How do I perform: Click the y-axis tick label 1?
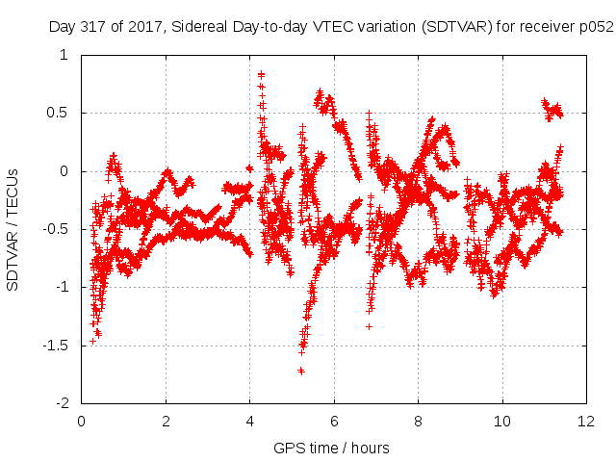tap(64, 55)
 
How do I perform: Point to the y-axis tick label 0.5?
tap(58, 113)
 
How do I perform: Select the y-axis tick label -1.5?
tap(55, 346)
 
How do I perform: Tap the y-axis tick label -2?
tap(62, 403)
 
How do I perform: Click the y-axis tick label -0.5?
tap(55, 229)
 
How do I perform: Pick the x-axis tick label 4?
tap(250, 422)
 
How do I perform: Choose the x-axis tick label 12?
tap(586, 422)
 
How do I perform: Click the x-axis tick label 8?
tap(418, 422)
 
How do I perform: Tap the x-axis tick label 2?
tap(166, 422)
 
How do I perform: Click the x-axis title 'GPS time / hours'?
tap(331, 449)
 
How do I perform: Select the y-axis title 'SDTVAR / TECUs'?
tap(13, 230)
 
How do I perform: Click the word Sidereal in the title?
tap(199, 27)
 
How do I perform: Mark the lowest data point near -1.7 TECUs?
tap(301, 371)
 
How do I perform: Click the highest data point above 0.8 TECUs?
tap(261, 73)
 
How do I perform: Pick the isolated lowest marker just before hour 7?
tap(369, 326)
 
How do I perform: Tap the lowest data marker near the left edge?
tap(92, 341)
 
